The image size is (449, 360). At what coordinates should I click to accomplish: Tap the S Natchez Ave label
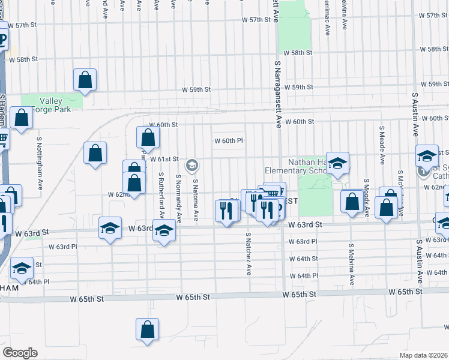click(248, 254)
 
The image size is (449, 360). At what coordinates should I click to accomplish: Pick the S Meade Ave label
click(382, 145)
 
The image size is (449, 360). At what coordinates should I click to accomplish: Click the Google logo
click(20, 353)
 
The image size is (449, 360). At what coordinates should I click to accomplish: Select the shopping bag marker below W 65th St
click(147, 330)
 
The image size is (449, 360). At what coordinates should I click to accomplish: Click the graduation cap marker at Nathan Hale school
click(337, 163)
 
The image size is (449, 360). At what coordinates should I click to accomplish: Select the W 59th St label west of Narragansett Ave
click(197, 89)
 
